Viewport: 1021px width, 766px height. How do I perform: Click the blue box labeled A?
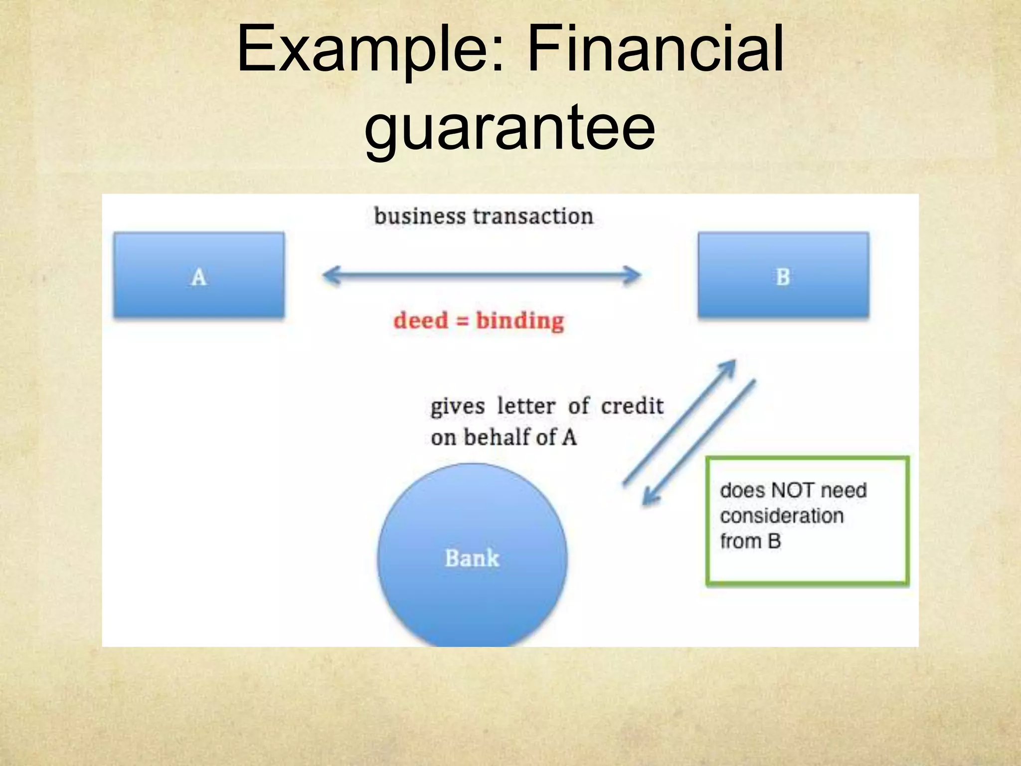(x=199, y=275)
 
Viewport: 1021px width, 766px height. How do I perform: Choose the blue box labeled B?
(x=783, y=275)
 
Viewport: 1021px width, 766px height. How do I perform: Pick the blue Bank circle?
(x=472, y=556)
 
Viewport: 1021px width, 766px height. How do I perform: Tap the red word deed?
(x=421, y=320)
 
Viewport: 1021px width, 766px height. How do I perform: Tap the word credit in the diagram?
(x=632, y=406)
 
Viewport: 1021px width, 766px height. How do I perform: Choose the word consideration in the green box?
(x=782, y=516)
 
